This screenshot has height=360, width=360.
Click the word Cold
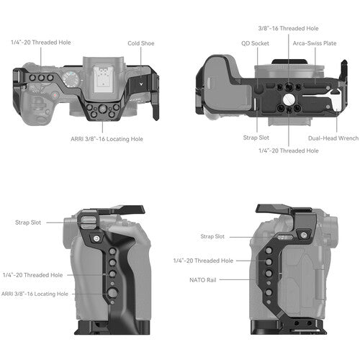[x=133, y=42]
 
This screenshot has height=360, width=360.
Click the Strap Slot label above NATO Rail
[x=213, y=236]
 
